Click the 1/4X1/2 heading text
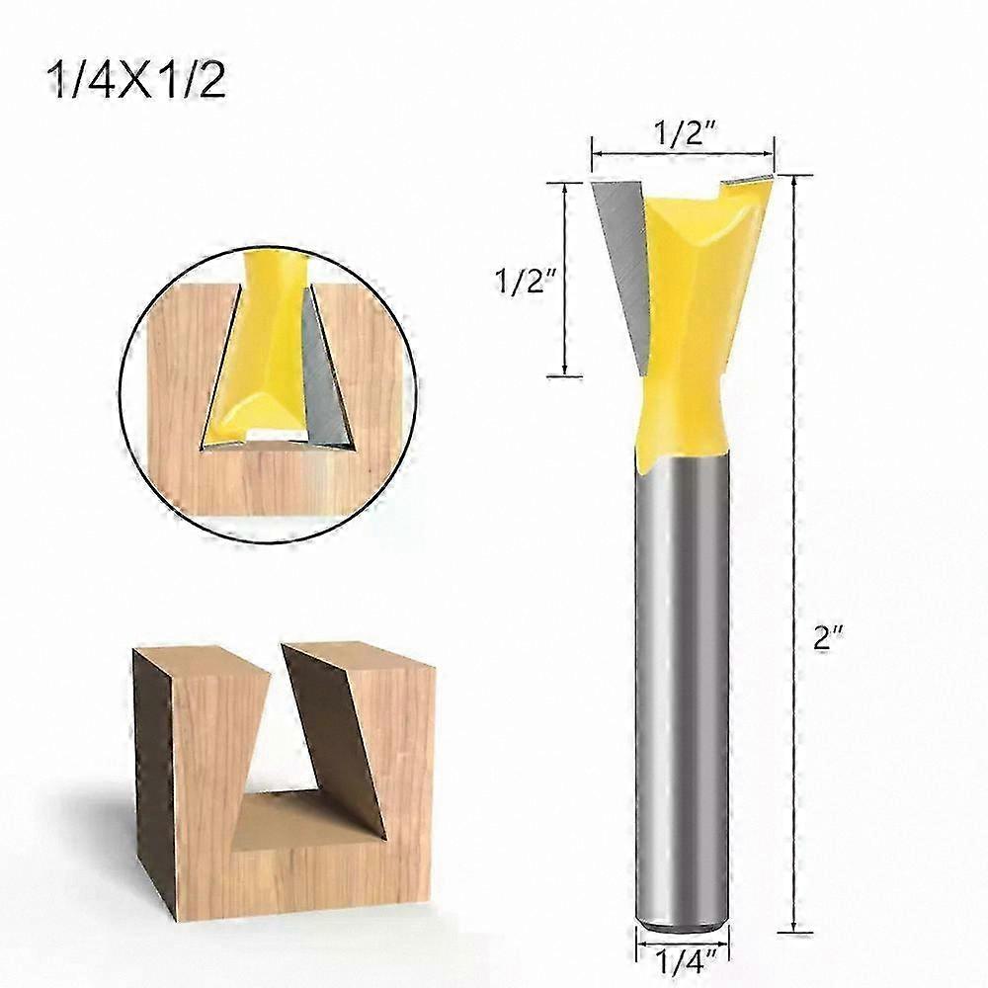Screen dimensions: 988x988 point(136,81)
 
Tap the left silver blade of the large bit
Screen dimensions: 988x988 point(620,265)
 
